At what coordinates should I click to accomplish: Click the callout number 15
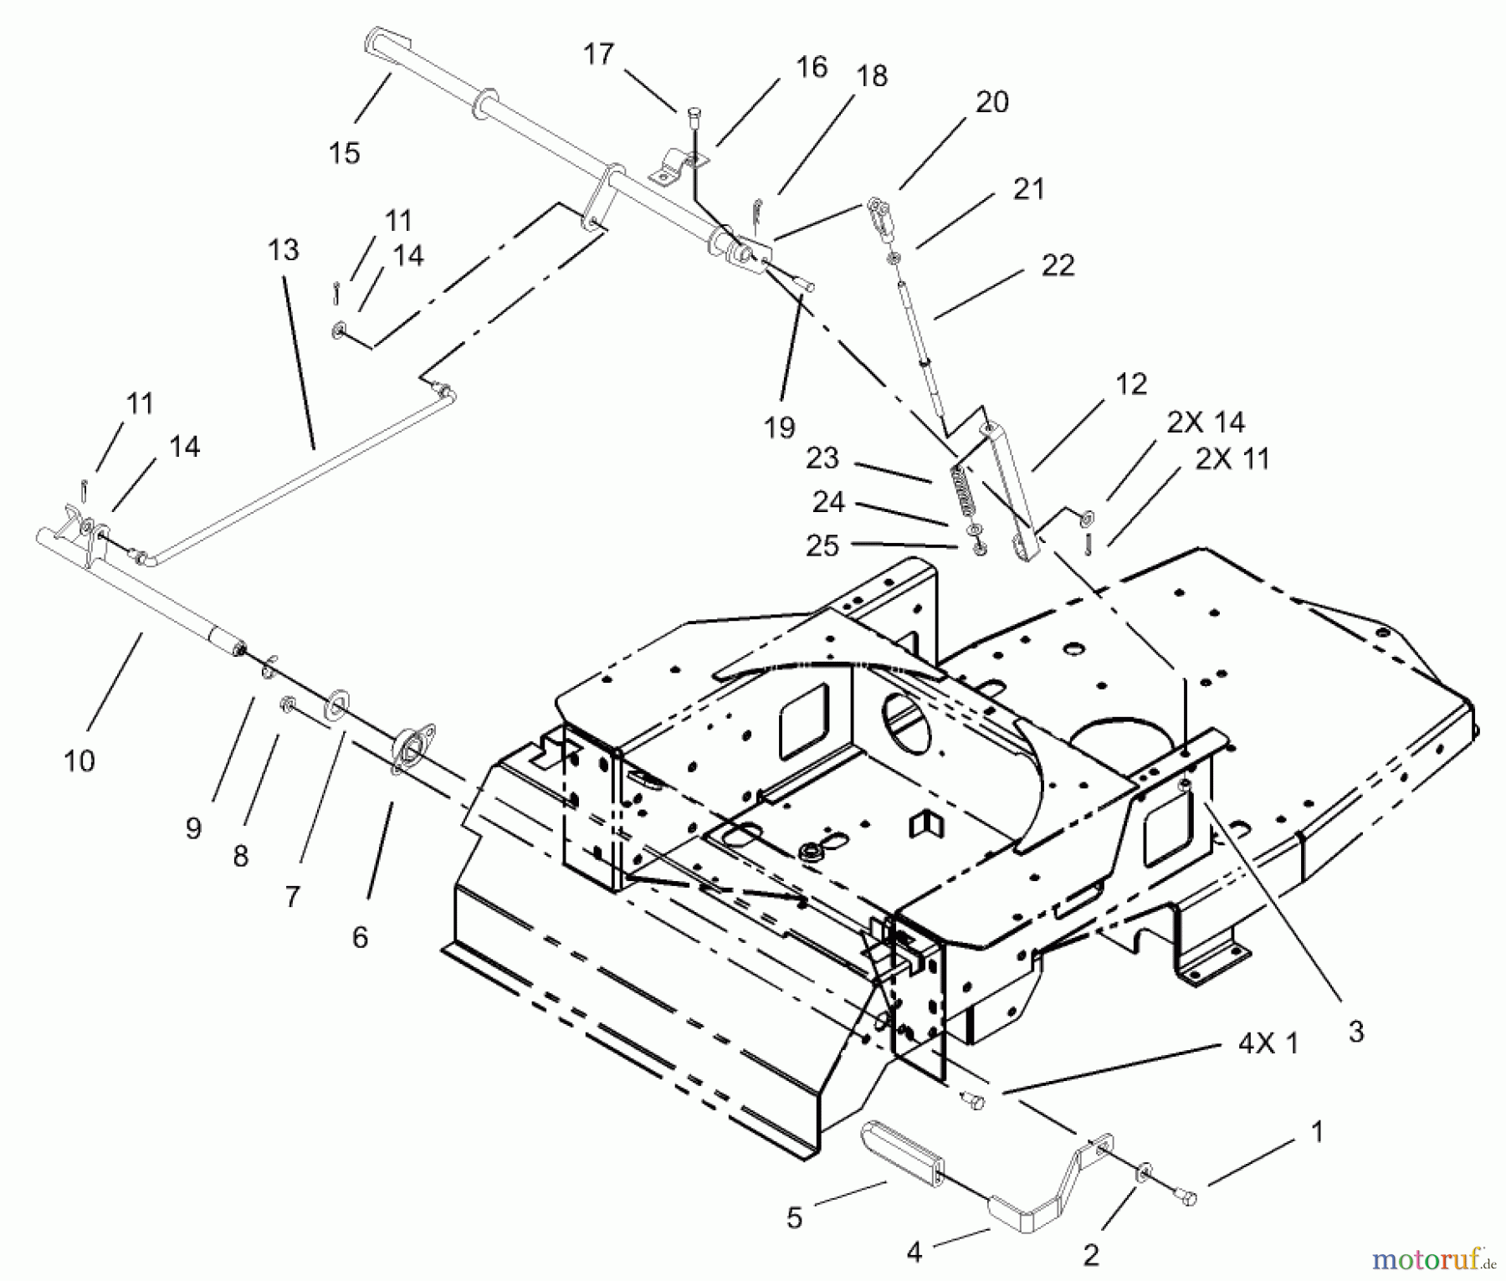click(344, 153)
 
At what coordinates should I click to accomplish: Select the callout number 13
click(284, 249)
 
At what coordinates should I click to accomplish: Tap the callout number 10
click(79, 761)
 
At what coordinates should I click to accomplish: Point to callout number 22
click(1058, 265)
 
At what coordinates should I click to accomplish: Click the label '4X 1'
click(1268, 1043)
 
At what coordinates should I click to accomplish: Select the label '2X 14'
click(1206, 423)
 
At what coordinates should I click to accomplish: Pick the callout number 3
click(1356, 1031)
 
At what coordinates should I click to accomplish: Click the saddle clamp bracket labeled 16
click(678, 164)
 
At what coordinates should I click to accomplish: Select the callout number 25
click(822, 546)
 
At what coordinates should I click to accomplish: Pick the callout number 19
click(779, 428)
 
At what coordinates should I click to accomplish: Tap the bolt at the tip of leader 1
click(1187, 1199)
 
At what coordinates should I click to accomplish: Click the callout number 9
click(193, 828)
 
